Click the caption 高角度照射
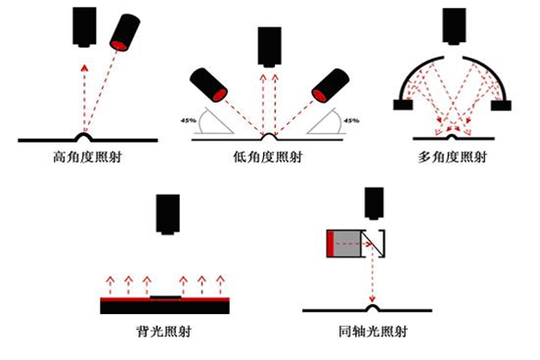(x=87, y=157)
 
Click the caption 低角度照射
(x=268, y=157)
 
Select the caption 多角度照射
(x=452, y=157)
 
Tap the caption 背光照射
(x=164, y=332)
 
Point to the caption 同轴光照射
(x=374, y=332)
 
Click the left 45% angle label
(x=189, y=120)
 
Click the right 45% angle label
(x=351, y=120)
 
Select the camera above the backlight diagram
(x=167, y=214)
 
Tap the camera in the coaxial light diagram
(x=375, y=203)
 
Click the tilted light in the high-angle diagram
(x=124, y=32)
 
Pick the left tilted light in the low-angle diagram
(x=208, y=85)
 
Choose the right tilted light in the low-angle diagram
(x=331, y=85)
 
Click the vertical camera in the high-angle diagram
(x=84, y=27)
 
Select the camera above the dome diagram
(x=454, y=26)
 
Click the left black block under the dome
(x=403, y=105)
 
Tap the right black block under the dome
(x=501, y=105)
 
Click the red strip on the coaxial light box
(x=331, y=244)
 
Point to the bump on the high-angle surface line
(x=84, y=137)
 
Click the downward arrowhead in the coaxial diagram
(x=372, y=299)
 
